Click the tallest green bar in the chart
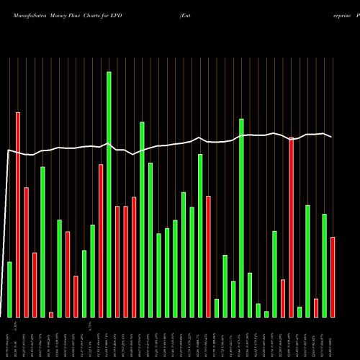[x=109, y=194]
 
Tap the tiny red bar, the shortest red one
[x=51, y=314]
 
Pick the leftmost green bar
[x=9, y=289]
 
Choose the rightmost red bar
[x=333, y=277]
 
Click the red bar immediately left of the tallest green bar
[x=101, y=240]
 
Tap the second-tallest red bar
[x=292, y=228]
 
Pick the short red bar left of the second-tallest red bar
[x=283, y=298]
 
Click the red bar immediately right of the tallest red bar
[x=27, y=252]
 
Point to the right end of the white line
[x=331, y=136]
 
